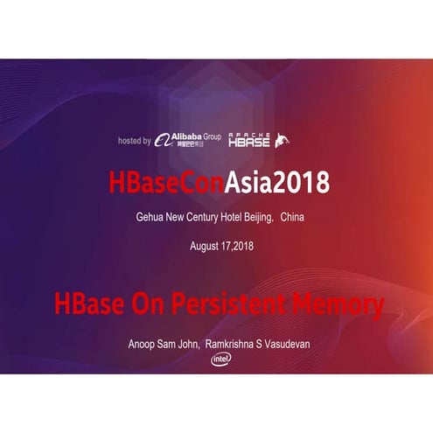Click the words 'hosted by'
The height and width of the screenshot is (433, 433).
[x=134, y=140]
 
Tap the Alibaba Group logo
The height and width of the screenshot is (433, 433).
[x=188, y=140]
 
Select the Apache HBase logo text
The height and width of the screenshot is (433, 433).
[x=249, y=140]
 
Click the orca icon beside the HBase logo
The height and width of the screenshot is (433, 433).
[x=283, y=140]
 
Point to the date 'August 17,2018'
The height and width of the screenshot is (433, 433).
[x=217, y=246]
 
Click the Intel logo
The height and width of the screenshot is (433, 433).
[x=220, y=360]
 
